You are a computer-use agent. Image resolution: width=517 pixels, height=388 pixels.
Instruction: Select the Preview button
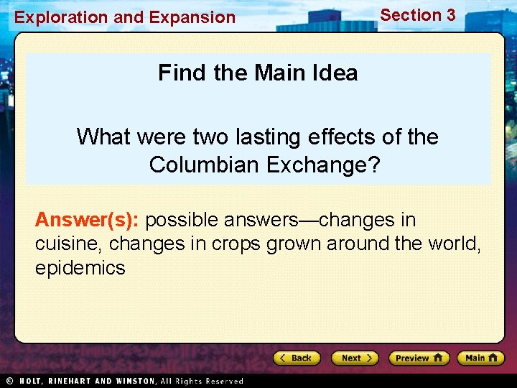(x=419, y=358)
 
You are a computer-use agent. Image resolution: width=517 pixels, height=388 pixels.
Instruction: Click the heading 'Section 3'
(x=417, y=15)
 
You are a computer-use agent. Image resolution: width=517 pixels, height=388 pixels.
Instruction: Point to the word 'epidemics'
(x=80, y=269)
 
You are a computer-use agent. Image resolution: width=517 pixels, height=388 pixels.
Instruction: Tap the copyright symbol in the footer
(x=9, y=381)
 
